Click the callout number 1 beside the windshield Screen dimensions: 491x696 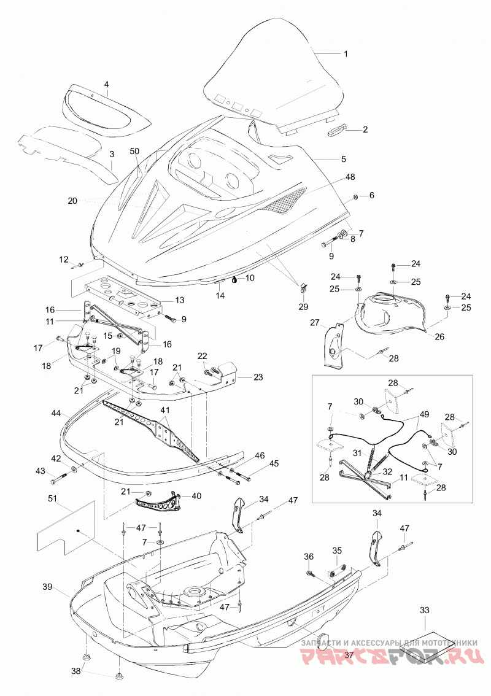coord(346,54)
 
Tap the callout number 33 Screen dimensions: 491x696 coord(425,610)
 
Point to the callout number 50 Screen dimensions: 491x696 coord(134,152)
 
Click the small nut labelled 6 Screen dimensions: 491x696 coord(355,196)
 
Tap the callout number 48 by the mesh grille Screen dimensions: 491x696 coord(350,177)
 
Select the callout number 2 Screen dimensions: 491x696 coord(365,130)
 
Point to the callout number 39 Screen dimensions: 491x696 coord(47,587)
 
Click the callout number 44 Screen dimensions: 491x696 coord(55,413)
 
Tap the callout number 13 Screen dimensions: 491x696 coord(179,300)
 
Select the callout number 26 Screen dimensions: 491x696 coord(439,337)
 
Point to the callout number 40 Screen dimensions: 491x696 coord(196,495)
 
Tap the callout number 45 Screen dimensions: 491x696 coord(274,464)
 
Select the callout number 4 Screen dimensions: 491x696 coord(107,84)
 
